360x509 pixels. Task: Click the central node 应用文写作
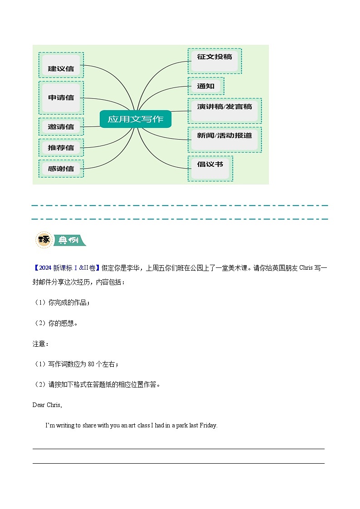coord(136,119)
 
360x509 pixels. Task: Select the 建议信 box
coord(61,68)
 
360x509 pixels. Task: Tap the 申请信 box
coord(61,97)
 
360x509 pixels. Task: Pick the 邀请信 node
coord(61,126)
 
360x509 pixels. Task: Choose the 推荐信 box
coord(61,147)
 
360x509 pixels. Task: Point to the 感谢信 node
coord(61,169)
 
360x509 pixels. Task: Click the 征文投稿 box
coord(214,61)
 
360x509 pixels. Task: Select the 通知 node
coord(205,86)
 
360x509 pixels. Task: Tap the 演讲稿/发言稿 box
coord(224,110)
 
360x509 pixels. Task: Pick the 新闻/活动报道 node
coord(224,139)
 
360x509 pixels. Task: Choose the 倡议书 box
coord(210,168)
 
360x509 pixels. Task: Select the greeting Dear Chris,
coord(47,405)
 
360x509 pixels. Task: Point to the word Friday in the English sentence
coord(208,426)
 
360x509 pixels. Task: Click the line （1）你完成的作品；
coord(62,302)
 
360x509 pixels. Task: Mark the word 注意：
coord(40,344)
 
